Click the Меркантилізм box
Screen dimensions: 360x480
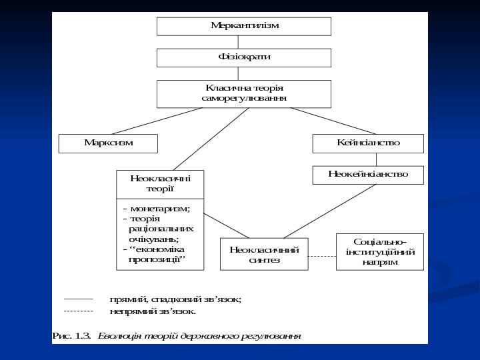click(x=243, y=26)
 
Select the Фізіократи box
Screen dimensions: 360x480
click(x=243, y=57)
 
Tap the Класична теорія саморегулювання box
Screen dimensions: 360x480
click(x=243, y=93)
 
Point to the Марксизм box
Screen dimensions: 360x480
click(x=108, y=143)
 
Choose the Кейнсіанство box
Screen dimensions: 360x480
click(x=368, y=143)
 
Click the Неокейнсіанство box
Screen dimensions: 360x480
click(x=368, y=174)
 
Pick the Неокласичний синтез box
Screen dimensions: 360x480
click(x=263, y=254)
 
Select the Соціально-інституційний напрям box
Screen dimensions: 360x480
click(x=380, y=251)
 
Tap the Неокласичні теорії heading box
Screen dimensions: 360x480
click(x=160, y=183)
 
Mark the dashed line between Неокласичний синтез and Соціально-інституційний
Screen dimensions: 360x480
click(x=322, y=256)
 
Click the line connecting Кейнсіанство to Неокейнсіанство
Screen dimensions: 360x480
click(x=377, y=159)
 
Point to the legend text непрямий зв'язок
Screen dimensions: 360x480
click(x=153, y=311)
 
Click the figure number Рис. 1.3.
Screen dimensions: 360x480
click(x=71, y=335)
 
